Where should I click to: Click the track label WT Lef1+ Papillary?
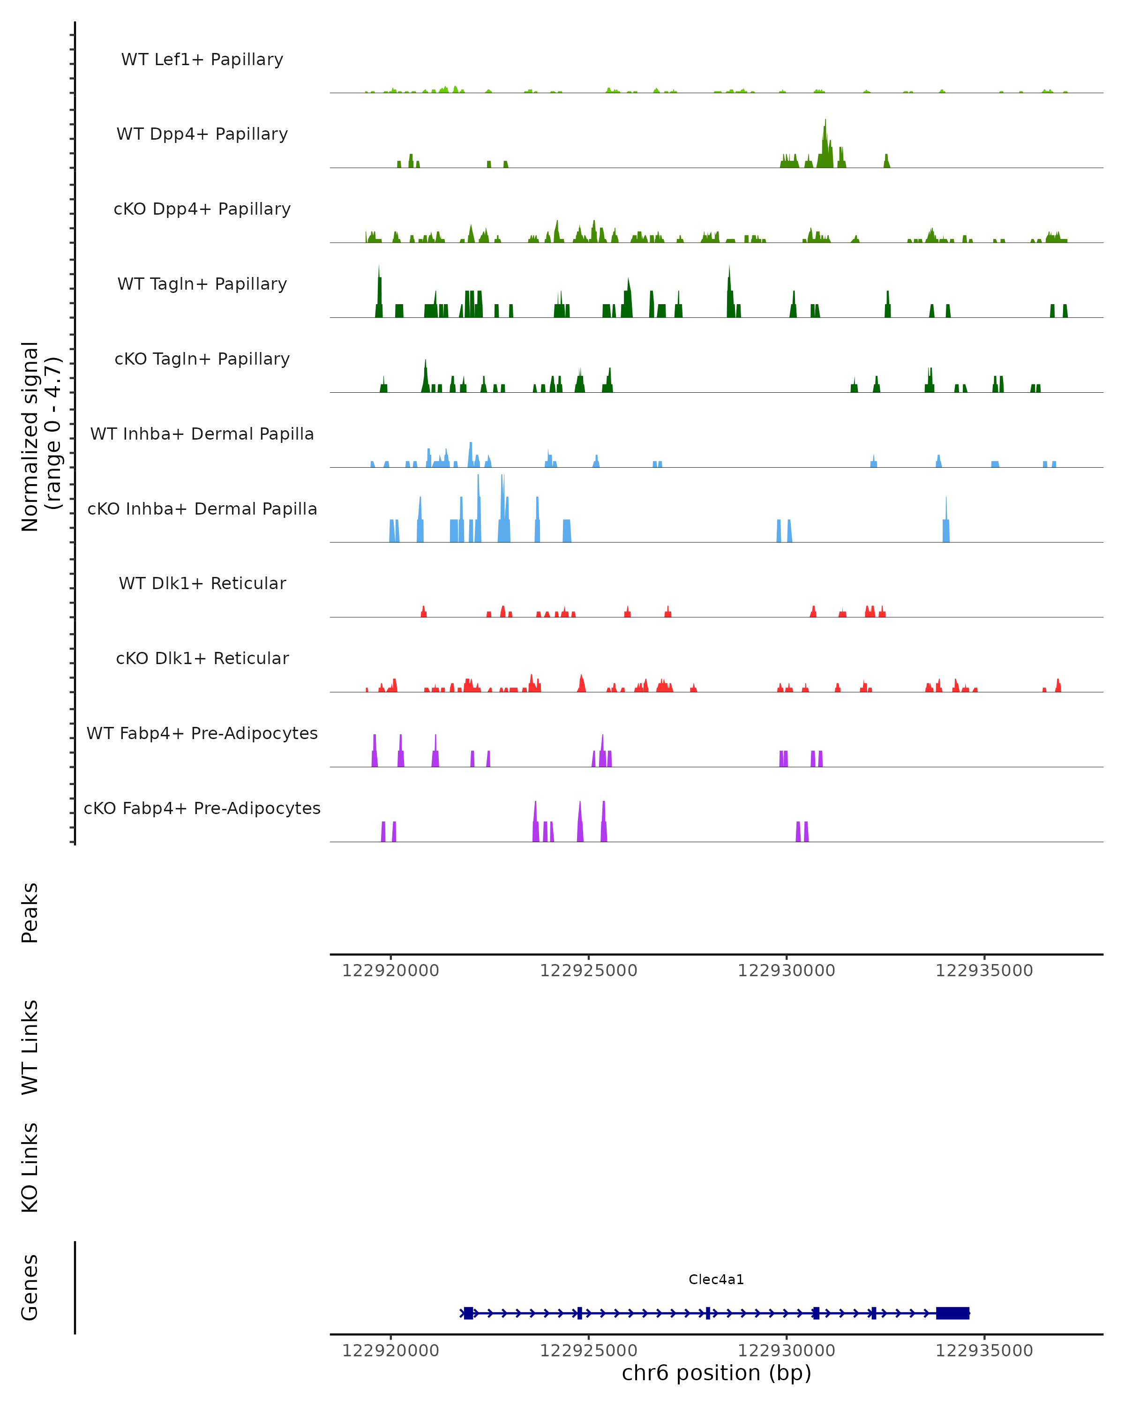[x=202, y=60]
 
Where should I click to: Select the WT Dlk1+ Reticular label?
[x=202, y=583]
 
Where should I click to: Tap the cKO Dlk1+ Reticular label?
[x=202, y=658]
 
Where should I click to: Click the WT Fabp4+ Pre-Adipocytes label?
[x=202, y=733]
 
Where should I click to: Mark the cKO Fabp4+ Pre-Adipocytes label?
[x=202, y=808]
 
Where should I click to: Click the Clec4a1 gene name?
[x=716, y=1279]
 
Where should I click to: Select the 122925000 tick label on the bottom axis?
[x=588, y=1351]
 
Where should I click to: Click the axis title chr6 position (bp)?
[x=716, y=1373]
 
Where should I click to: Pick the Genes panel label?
[x=30, y=1287]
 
